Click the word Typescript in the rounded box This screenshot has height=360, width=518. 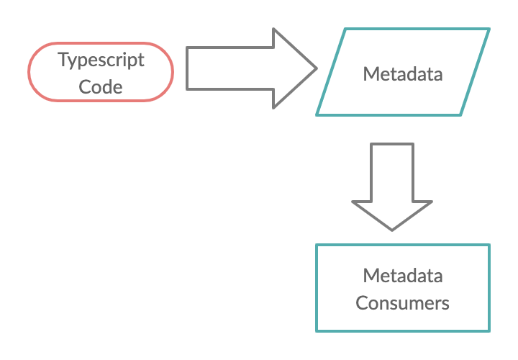101,60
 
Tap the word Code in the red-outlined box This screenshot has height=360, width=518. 101,87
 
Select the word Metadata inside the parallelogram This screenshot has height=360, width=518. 402,73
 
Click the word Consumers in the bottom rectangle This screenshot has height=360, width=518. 402,303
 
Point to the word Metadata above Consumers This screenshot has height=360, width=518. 402,276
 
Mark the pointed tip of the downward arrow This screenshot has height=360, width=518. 392,230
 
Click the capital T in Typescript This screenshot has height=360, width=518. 63,59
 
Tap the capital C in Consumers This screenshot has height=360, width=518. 361,303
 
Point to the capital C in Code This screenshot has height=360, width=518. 84,87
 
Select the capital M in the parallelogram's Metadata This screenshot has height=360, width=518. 369,73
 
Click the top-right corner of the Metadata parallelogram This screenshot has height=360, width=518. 489,30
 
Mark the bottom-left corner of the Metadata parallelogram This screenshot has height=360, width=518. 317,114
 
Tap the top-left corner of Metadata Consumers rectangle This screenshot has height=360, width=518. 317,246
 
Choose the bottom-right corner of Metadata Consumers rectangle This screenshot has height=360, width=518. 489,330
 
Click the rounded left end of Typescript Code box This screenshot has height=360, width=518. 31,72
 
